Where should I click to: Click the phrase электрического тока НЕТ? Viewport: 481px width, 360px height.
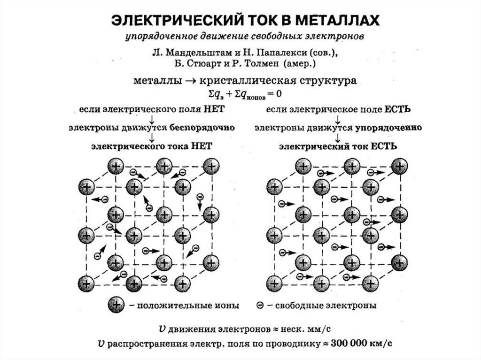pos(152,146)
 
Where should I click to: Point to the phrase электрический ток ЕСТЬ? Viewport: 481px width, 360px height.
pos(339,146)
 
